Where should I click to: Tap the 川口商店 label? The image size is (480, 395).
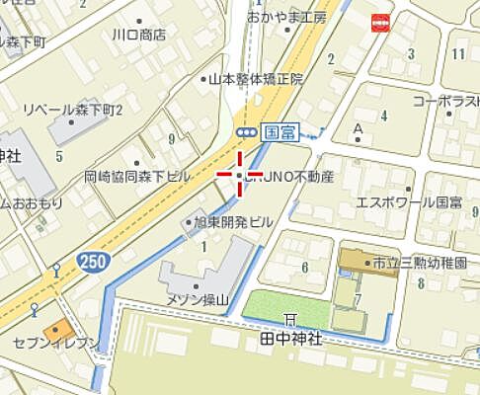pyautogui.click(x=138, y=34)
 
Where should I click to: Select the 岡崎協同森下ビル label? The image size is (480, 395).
pyautogui.click(x=137, y=177)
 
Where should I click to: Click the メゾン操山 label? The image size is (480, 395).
pyautogui.click(x=196, y=300)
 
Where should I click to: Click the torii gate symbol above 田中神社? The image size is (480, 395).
pyautogui.click(x=290, y=318)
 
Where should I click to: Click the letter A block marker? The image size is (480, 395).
pyautogui.click(x=358, y=127)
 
